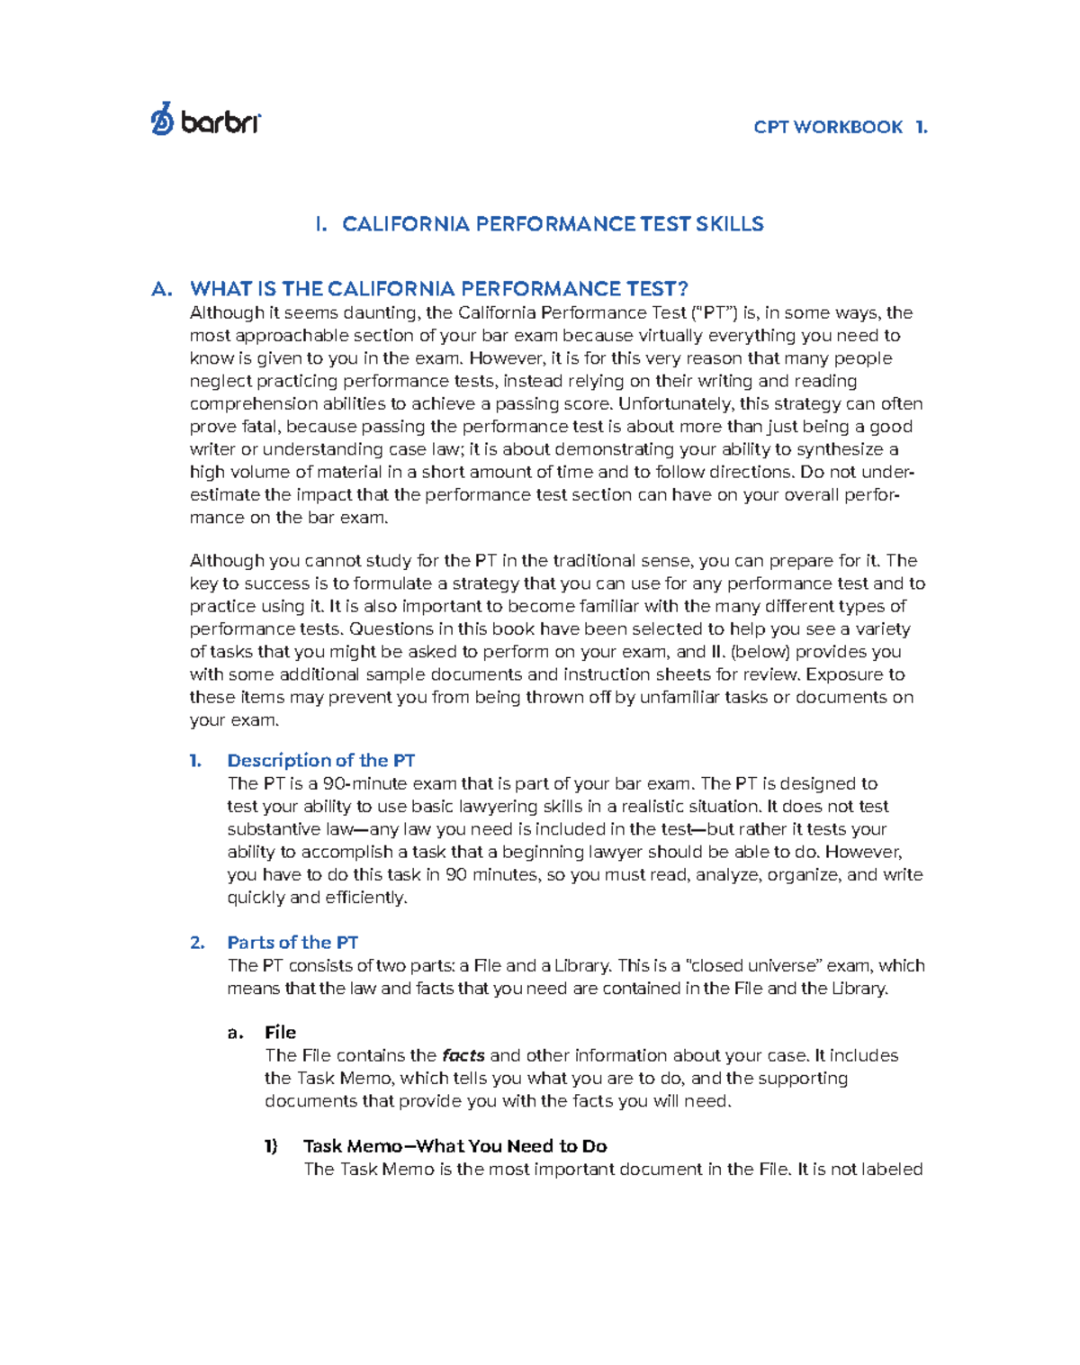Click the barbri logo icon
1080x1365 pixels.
pyautogui.click(x=162, y=119)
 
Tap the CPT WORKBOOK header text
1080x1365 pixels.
pyautogui.click(x=828, y=127)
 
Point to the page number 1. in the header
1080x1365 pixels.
pyautogui.click(x=921, y=127)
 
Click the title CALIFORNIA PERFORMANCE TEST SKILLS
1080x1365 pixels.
pyautogui.click(x=552, y=224)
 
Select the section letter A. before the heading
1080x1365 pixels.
pyautogui.click(x=162, y=289)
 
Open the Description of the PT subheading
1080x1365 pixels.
pyautogui.click(x=320, y=761)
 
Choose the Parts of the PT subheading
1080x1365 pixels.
pyautogui.click(x=292, y=943)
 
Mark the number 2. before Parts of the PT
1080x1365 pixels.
pyautogui.click(x=197, y=943)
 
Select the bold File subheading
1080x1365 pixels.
pyautogui.click(x=280, y=1033)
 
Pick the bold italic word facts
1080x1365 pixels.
pyautogui.click(x=463, y=1055)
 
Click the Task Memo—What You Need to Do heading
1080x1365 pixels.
pyautogui.click(x=454, y=1146)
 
